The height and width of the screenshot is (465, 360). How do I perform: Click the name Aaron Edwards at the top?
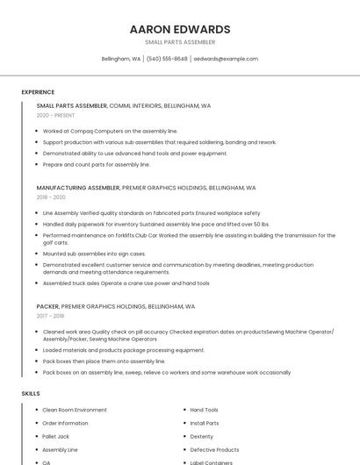coord(180,29)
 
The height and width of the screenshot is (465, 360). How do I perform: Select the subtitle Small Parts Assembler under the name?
coord(180,42)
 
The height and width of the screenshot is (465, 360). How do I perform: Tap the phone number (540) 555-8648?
coord(167,59)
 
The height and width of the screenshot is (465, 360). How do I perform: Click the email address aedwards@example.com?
coord(226,59)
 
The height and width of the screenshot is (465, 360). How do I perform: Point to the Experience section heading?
coord(38,92)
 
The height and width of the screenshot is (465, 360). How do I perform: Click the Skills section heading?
coord(31,394)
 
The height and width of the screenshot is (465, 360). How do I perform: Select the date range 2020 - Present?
coord(55,115)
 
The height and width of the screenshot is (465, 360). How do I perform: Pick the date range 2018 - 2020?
coord(51,197)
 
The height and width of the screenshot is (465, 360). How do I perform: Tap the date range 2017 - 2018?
coord(50,316)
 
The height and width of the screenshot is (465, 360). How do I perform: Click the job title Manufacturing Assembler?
coord(78,188)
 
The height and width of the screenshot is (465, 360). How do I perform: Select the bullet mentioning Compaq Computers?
coord(110,131)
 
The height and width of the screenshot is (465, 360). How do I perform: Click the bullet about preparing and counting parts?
coord(97,164)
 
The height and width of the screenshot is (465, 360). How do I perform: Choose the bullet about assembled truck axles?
coord(126,283)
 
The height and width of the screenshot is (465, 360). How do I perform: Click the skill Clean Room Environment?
coord(75,410)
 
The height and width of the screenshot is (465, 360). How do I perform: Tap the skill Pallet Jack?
coord(56,436)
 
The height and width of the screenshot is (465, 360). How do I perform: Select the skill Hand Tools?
coord(205,410)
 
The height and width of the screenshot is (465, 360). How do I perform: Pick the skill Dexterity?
coord(202,436)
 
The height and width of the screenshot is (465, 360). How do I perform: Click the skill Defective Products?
coord(214,449)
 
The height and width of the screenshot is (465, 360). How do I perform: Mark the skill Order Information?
coord(66,423)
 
